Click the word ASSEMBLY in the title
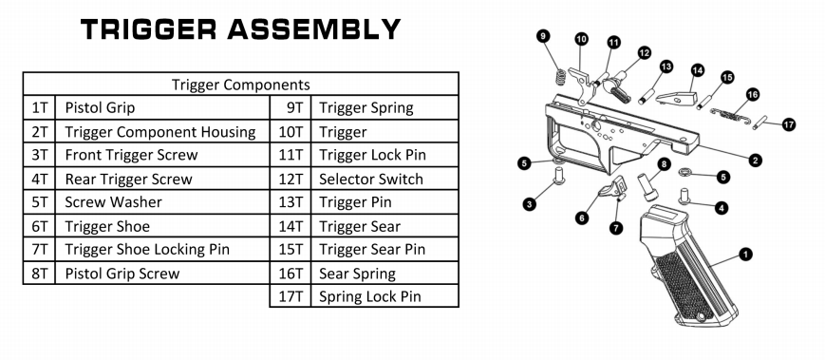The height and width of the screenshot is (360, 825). coord(313,29)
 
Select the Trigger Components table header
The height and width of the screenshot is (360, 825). coord(240,84)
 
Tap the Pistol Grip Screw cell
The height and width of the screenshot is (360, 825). coord(162,274)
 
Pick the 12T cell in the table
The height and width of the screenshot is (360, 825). coord(291,179)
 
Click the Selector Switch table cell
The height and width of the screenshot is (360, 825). coord(384,179)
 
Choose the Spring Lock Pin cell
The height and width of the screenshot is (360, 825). coord(384,295)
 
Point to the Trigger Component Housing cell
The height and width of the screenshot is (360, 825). coord(162,132)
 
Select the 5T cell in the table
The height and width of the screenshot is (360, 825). coord(39,202)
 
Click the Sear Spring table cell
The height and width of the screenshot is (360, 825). coord(384,274)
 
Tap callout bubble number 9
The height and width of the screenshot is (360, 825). coord(543,36)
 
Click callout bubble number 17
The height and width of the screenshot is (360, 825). coord(788,124)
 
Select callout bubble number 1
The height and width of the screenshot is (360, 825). coord(745,255)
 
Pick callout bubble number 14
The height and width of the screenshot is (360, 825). coord(698,70)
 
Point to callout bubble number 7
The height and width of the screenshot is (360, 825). coord(616,228)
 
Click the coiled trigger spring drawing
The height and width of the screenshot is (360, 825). coord(561,76)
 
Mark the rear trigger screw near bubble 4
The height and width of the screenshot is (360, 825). coord(684,196)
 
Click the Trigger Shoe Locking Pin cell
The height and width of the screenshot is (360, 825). coord(162,249)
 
